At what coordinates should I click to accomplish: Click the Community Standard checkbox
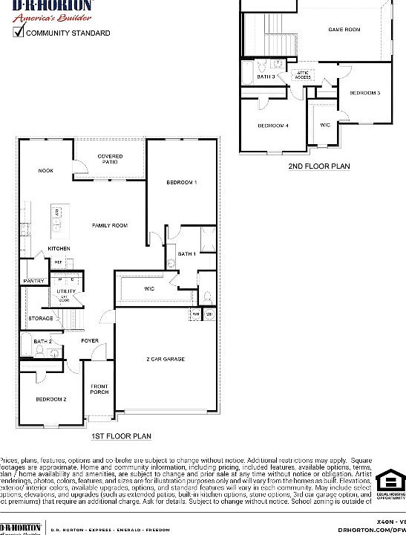pyautogui.click(x=19, y=32)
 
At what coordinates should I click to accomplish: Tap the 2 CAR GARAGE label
pyautogui.click(x=166, y=359)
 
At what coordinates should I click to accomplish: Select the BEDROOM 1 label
pyautogui.click(x=181, y=183)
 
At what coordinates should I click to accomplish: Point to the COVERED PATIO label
pyautogui.click(x=110, y=159)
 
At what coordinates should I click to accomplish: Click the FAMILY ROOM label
pyautogui.click(x=110, y=225)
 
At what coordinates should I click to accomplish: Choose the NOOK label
pyautogui.click(x=46, y=171)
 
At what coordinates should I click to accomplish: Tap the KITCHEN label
pyautogui.click(x=59, y=248)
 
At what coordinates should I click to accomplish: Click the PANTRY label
pyautogui.click(x=33, y=281)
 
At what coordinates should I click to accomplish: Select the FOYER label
pyautogui.click(x=90, y=341)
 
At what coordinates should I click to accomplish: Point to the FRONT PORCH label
pyautogui.click(x=99, y=389)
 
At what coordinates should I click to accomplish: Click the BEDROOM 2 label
pyautogui.click(x=51, y=399)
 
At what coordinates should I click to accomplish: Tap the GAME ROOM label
pyautogui.click(x=344, y=30)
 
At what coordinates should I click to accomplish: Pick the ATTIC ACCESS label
pyautogui.click(x=303, y=75)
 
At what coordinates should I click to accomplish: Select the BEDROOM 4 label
pyautogui.click(x=273, y=126)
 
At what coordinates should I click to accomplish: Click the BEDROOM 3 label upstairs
pyautogui.click(x=365, y=93)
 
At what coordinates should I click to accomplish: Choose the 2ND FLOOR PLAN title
pyautogui.click(x=319, y=167)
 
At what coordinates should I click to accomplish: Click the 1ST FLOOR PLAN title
pyautogui.click(x=121, y=437)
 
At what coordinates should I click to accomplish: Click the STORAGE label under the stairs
pyautogui.click(x=41, y=318)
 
